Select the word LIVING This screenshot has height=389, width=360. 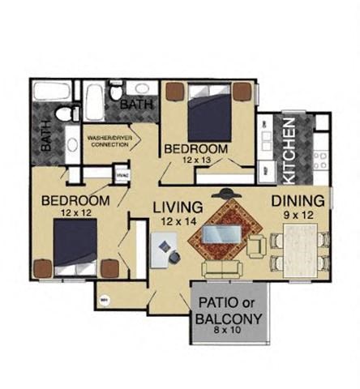177,208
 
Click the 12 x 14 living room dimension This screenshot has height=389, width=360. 177,221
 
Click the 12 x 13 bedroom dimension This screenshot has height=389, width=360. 195,161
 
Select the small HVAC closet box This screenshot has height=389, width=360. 121,173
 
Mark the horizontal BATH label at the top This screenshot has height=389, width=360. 135,105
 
